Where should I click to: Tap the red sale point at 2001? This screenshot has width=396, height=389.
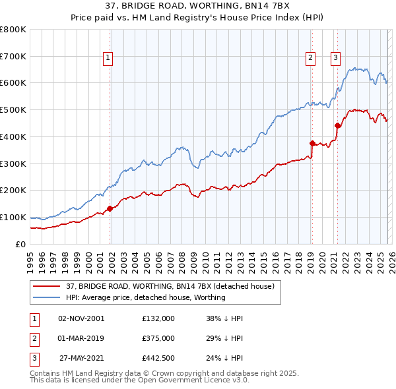pos(110,208)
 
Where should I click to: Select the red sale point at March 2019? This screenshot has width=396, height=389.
pos(312,142)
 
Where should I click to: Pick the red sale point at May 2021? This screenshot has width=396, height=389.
pos(337,125)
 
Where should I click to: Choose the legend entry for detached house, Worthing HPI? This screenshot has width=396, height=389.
pos(145,297)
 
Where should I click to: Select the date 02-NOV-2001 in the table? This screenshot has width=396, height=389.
pos(81,318)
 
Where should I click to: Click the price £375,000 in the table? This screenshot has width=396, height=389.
pos(158,338)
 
